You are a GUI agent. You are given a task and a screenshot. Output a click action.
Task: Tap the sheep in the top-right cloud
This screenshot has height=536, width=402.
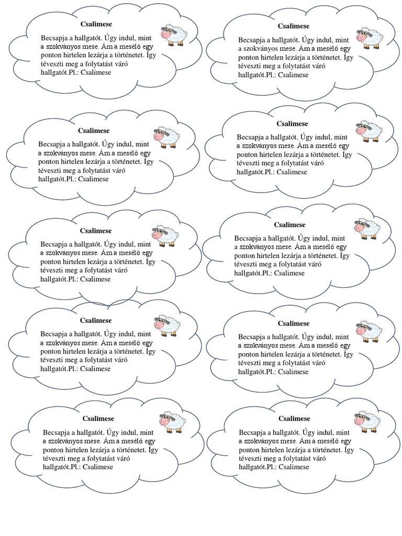coord(370,36)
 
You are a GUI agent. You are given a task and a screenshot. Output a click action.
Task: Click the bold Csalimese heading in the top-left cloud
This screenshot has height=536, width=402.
coord(96,24)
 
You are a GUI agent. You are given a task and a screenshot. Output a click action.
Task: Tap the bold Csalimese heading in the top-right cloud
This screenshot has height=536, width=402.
coord(294,26)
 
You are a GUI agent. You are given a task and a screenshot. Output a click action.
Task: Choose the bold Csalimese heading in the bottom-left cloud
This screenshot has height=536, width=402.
coord(98,419)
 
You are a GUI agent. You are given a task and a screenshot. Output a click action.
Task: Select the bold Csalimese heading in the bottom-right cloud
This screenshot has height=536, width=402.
coord(294,419)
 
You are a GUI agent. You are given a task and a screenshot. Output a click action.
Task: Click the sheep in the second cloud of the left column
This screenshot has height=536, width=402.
coord(166,136)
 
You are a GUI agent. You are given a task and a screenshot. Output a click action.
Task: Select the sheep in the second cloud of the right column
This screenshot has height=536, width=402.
coord(369,131)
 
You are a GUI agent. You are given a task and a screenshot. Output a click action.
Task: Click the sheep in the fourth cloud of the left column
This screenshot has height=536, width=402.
coord(167,325)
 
